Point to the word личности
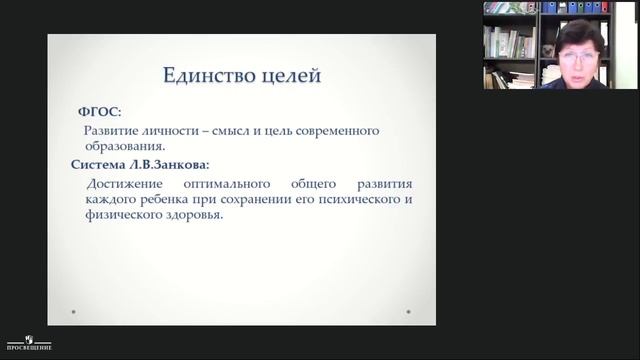[180, 130]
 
